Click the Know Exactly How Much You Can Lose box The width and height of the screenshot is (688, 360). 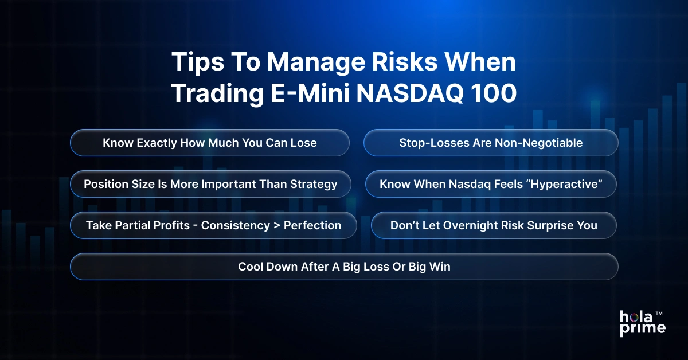[210, 143]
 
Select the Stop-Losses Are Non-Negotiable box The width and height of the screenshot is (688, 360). [491, 143]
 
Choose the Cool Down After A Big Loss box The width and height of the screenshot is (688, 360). [344, 267]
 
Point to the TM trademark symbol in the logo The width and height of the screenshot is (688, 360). [659, 314]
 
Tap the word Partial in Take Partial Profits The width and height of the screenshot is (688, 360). [130, 226]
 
